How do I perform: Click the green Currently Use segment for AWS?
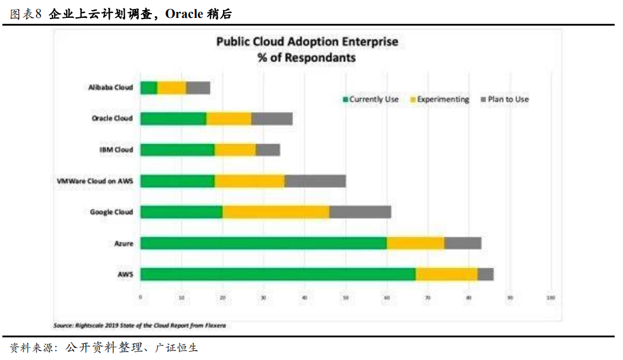[x=278, y=274]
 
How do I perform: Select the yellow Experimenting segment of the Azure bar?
[x=416, y=243]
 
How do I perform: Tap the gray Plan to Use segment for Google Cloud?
[x=360, y=212]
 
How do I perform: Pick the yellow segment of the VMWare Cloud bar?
[x=250, y=181]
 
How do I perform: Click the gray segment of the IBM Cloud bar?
[x=268, y=150]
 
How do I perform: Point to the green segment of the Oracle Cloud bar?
[x=173, y=118]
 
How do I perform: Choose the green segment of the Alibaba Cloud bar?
[x=149, y=88]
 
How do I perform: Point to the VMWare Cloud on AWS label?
[x=94, y=181]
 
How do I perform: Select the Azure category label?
[x=123, y=243]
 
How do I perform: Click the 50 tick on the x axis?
[x=345, y=297]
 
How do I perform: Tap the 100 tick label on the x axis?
[x=551, y=297]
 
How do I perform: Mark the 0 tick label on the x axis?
[x=140, y=297]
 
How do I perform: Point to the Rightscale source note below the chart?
[x=140, y=325]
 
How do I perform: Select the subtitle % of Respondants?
[x=306, y=58]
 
